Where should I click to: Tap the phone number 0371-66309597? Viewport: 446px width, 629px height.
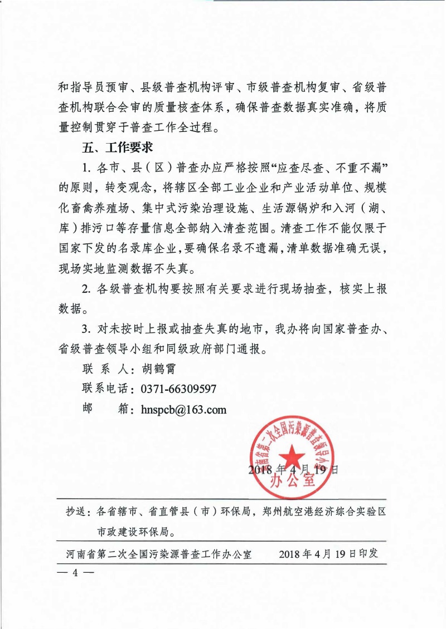(175, 389)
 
